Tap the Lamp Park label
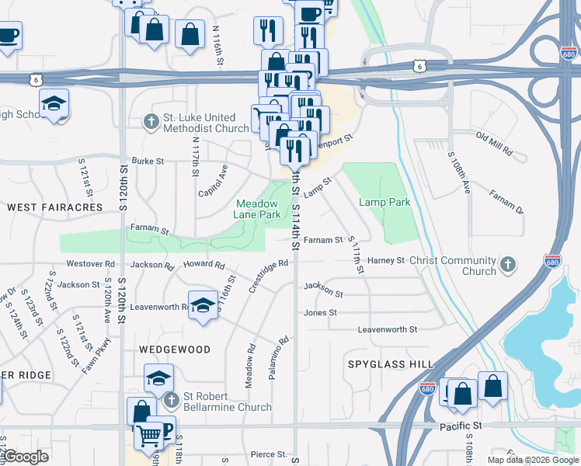pos(384,202)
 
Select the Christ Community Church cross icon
pos(508,265)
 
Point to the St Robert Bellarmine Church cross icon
pos(172,401)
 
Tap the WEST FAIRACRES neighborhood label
pos(55,207)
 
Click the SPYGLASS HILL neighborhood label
pos(391,363)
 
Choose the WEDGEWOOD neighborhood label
pos(174,349)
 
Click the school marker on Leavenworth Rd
pos(203,304)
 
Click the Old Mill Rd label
pos(494,144)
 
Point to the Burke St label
pos(148,161)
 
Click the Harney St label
pos(386,260)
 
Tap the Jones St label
pos(320,312)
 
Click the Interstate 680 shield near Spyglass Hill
pos(427,388)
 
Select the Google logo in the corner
pos(26,457)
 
